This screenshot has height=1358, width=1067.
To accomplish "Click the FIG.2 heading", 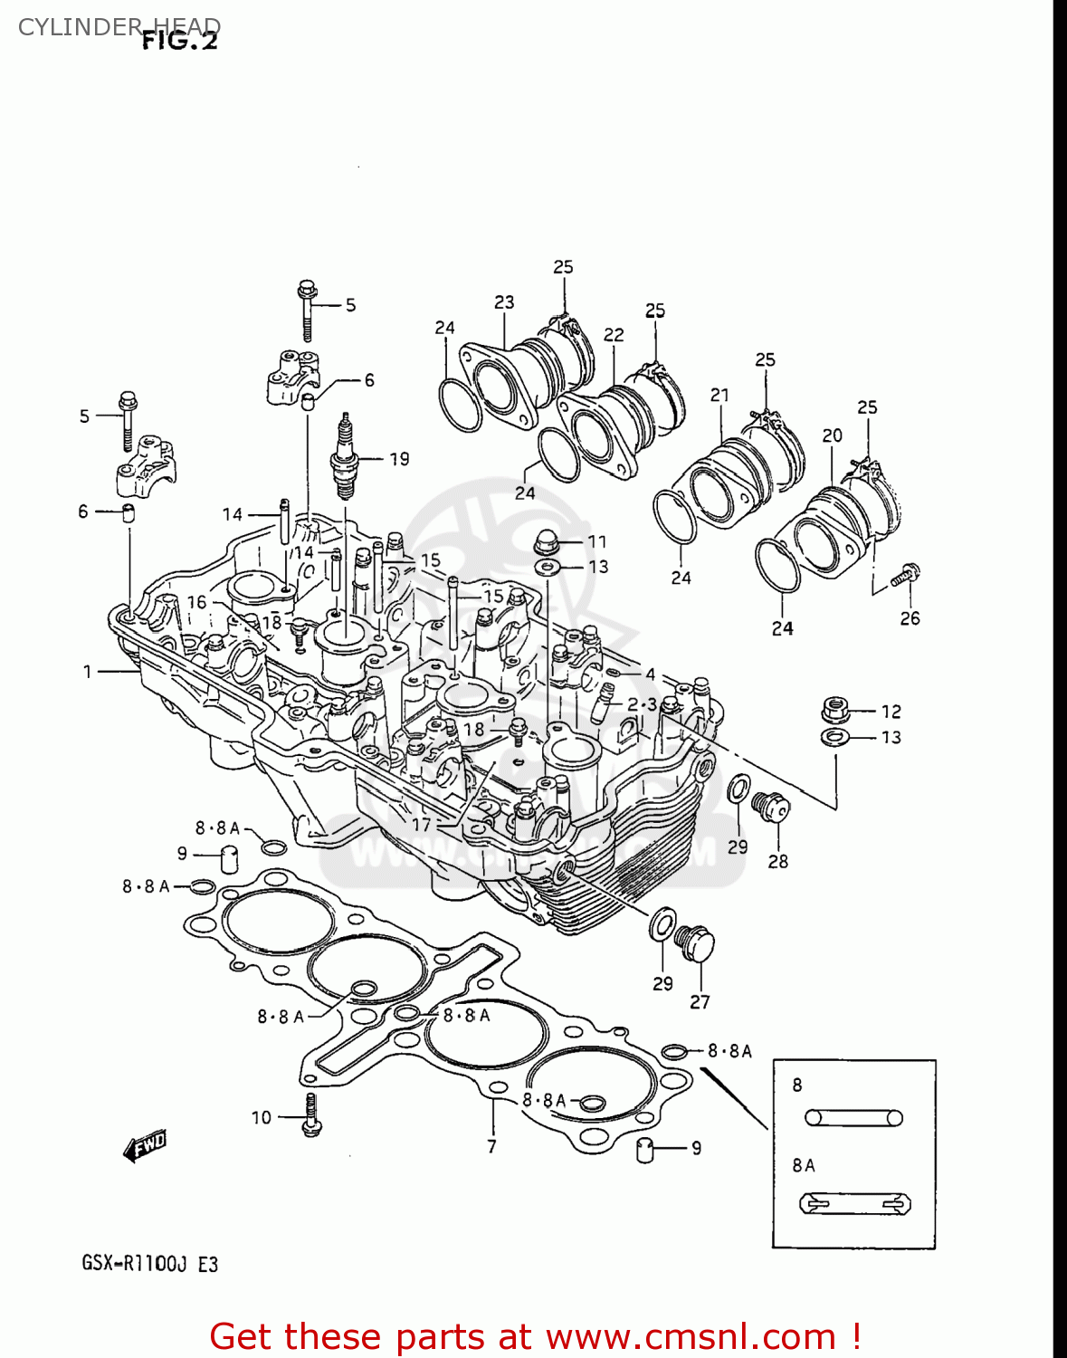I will click(180, 41).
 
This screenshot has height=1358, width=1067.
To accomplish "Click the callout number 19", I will click(399, 459).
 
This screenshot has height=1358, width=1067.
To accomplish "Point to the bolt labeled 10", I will click(311, 1115).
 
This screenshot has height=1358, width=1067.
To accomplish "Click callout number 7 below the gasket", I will click(491, 1146).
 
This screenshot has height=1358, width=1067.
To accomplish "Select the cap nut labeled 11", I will click(547, 541).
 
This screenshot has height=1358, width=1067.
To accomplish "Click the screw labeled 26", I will click(906, 575).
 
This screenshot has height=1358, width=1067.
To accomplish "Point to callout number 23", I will click(504, 302).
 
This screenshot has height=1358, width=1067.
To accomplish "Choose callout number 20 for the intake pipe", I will click(832, 435).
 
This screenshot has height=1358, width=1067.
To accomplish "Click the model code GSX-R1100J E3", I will click(150, 1264).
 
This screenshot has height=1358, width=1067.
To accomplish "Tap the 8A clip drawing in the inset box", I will click(855, 1204).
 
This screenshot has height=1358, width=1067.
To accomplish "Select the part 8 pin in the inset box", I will click(853, 1118).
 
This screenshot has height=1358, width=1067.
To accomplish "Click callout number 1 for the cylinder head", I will click(88, 672).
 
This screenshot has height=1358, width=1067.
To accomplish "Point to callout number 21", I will click(719, 395).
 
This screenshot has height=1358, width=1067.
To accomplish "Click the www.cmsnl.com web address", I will click(691, 1336).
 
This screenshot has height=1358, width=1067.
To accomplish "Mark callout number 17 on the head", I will click(422, 825).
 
